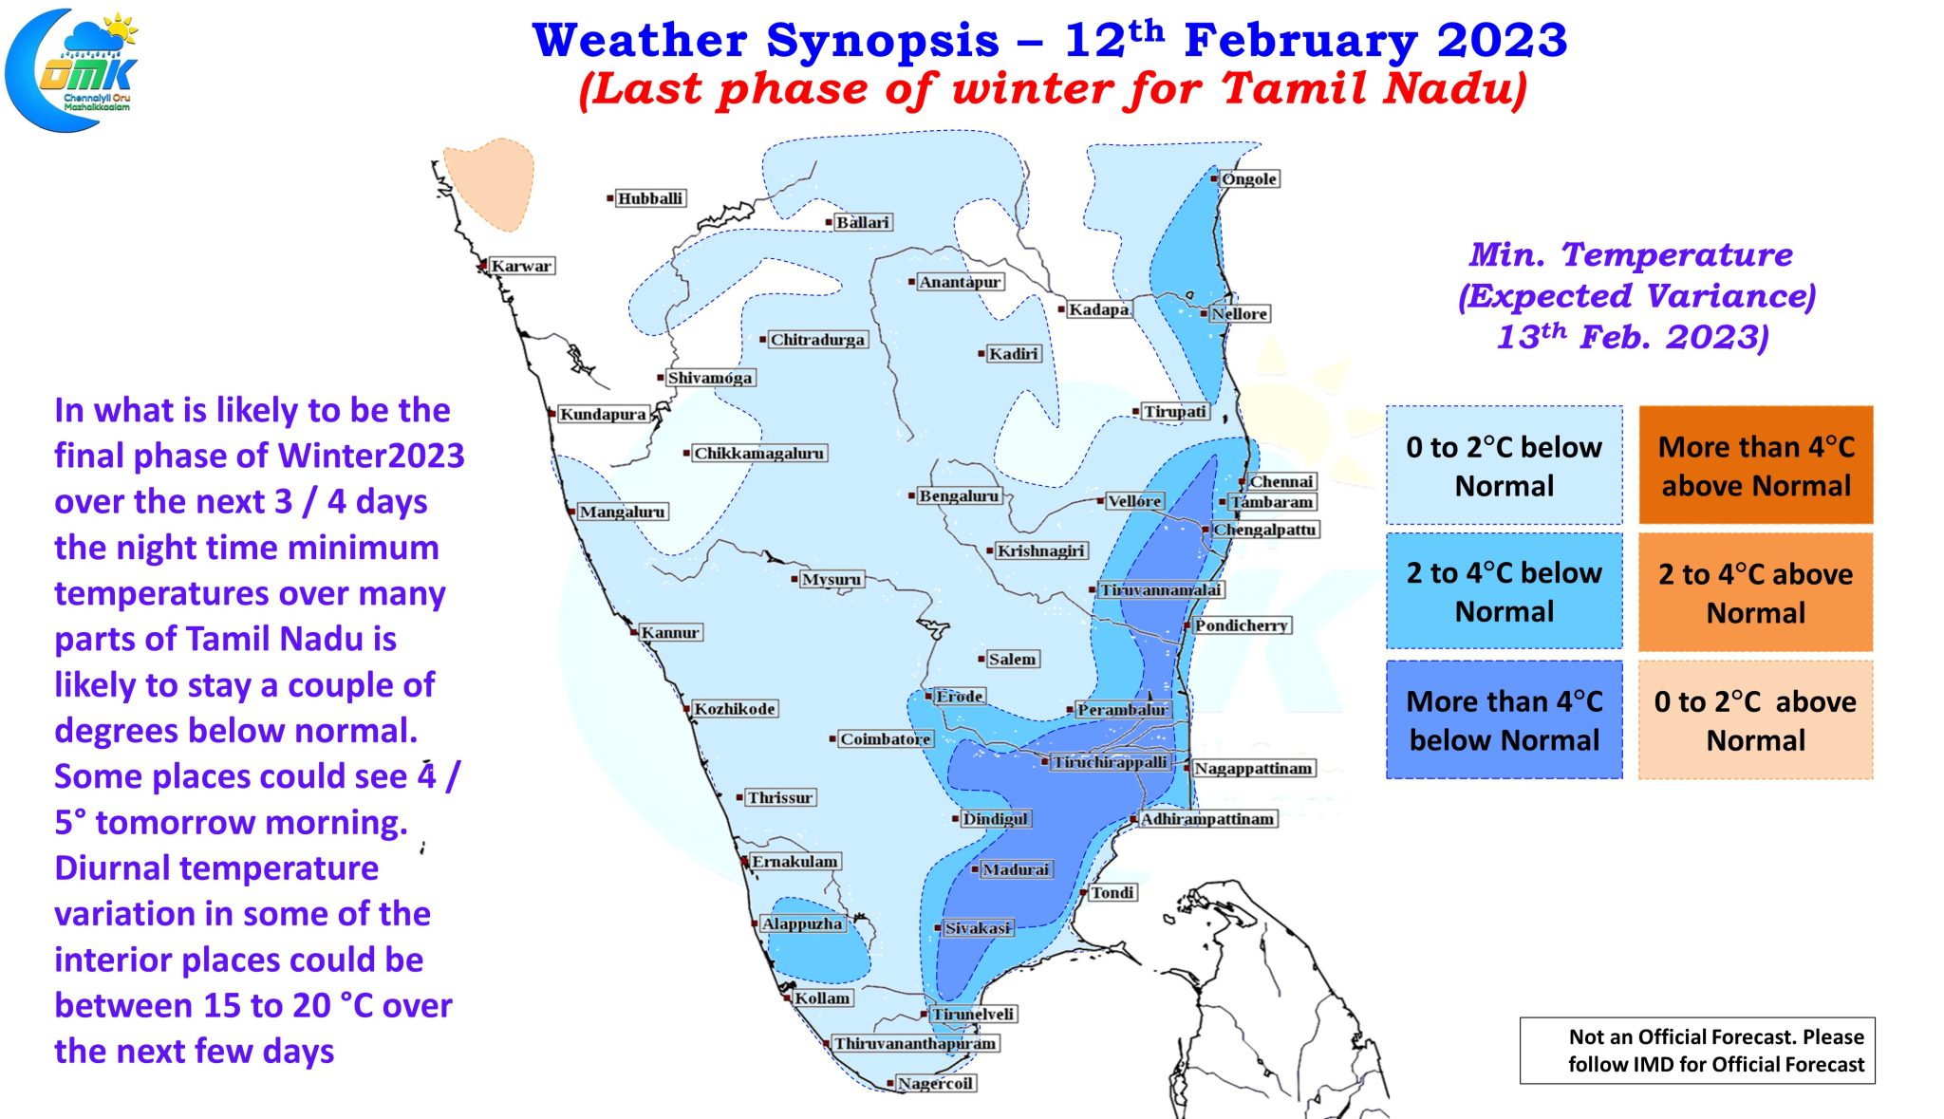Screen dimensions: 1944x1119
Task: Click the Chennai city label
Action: pos(1281,481)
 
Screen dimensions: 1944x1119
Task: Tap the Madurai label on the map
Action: pos(1016,869)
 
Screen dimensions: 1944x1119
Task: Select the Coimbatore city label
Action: pos(886,738)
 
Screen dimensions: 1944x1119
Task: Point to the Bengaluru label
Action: pos(959,495)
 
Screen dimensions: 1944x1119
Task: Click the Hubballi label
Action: pos(650,198)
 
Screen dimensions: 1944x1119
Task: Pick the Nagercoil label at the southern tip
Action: pos(935,1083)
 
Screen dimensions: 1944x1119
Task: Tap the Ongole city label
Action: pos(1249,178)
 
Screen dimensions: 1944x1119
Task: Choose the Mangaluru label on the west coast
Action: pos(623,512)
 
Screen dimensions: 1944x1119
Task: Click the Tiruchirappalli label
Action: pos(1111,762)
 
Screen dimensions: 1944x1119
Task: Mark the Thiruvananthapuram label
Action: pos(915,1043)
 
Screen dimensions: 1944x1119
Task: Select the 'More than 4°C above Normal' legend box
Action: pos(1756,465)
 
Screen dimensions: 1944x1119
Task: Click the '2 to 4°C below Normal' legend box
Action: pos(1505,591)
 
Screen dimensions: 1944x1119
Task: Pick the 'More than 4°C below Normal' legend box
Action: pos(1505,719)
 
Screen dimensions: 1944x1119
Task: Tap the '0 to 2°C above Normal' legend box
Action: pos(1756,719)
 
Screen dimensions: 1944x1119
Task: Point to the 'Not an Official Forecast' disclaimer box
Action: pos(1697,1051)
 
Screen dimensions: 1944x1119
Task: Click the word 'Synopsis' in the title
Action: pos(883,41)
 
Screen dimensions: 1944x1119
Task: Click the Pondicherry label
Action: pos(1241,625)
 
